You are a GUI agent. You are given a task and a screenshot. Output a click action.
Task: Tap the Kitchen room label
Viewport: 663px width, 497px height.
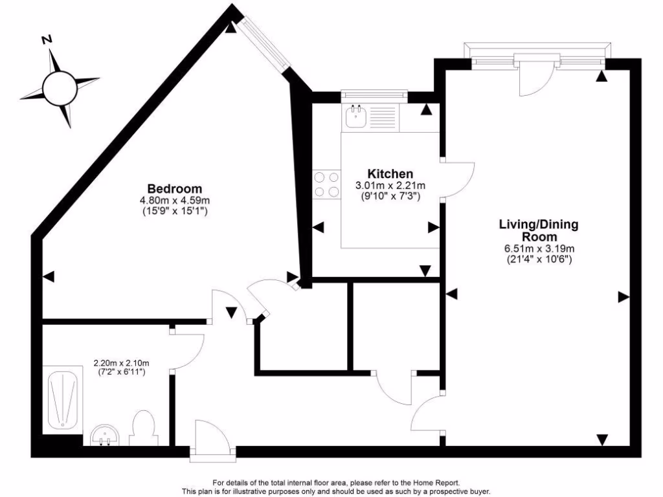[390, 173]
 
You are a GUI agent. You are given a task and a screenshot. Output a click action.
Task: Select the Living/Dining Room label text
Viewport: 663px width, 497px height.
[538, 231]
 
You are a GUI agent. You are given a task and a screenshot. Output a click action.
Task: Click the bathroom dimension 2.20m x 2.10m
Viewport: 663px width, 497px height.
[121, 362]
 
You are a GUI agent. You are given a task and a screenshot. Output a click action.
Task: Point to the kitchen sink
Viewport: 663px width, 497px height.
[356, 116]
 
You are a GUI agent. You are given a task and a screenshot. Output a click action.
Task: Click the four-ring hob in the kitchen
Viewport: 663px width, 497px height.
[326, 183]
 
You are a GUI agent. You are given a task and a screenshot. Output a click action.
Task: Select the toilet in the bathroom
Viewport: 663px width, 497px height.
[142, 427]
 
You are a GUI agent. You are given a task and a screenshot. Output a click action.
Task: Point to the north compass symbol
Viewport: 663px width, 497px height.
[60, 86]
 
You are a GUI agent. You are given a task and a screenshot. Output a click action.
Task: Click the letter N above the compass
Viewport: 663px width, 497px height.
[46, 39]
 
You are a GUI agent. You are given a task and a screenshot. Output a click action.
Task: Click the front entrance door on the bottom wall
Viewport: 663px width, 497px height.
[210, 440]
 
